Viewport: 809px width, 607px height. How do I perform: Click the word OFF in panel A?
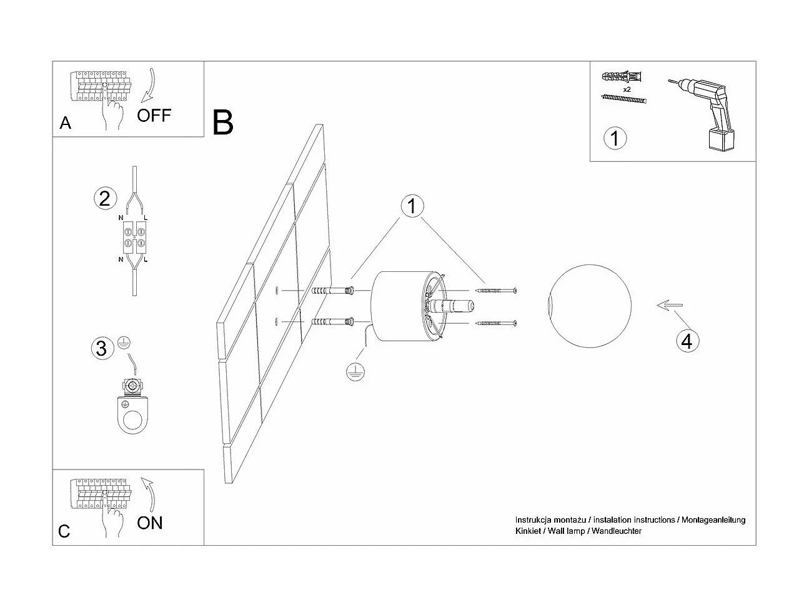tap(154, 116)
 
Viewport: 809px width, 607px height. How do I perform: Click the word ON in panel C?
tap(149, 523)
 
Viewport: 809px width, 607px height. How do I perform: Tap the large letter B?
tap(223, 123)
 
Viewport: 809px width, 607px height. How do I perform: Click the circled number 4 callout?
tap(686, 341)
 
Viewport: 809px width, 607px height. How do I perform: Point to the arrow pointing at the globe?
tap(669, 306)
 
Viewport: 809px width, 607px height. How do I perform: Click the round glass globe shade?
tap(579, 306)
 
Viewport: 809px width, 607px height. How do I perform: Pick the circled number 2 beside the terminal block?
tap(104, 199)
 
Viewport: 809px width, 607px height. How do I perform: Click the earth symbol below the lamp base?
tap(355, 372)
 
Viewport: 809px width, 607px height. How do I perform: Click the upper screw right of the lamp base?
tap(496, 291)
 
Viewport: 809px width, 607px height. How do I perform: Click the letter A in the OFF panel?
tap(66, 124)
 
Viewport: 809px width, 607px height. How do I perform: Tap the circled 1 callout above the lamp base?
tap(412, 206)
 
